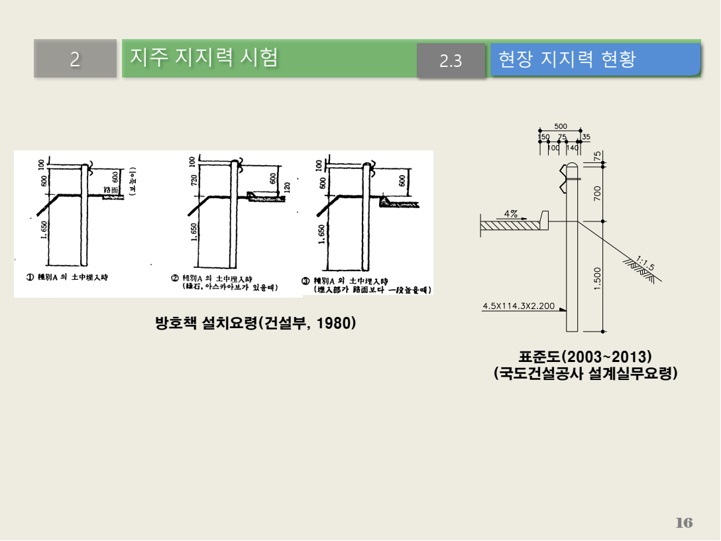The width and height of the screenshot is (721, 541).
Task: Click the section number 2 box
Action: coord(75,60)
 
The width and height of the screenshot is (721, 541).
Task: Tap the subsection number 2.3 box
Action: coord(451,61)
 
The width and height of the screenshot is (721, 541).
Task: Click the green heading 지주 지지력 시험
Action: coord(203,58)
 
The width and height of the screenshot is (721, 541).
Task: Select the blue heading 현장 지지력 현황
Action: coord(567,59)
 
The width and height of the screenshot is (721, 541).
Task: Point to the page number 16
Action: coord(684,522)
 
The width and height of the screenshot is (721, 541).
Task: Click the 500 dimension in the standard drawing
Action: coord(561,126)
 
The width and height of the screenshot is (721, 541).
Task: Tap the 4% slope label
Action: coord(511,213)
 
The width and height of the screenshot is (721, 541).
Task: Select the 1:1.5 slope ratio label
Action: coord(645,263)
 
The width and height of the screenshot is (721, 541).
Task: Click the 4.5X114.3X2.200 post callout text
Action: coord(519,306)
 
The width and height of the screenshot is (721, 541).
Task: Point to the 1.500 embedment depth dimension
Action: coord(598,278)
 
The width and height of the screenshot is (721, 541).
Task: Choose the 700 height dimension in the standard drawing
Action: coord(598,194)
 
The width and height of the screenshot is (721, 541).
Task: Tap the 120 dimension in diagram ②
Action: coord(287,187)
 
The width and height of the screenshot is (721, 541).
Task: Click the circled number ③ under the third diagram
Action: coord(306,280)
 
